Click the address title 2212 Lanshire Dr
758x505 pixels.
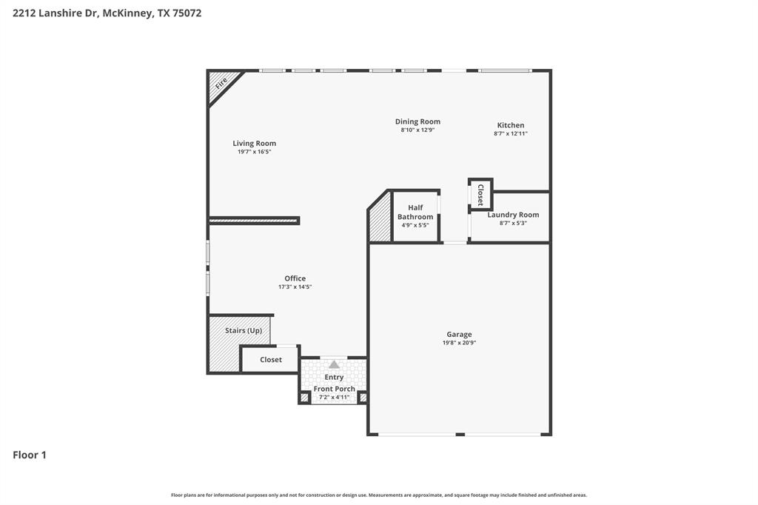click(107, 13)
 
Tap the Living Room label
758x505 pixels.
click(254, 143)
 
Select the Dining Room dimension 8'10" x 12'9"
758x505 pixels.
click(417, 130)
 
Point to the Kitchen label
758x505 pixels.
click(510, 125)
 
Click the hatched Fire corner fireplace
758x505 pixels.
click(221, 83)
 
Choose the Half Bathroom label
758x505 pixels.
click(415, 213)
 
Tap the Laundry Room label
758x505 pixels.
click(513, 215)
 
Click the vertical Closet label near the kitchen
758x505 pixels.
click(480, 194)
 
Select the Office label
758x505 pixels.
click(295, 278)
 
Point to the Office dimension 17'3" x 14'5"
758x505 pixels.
click(295, 287)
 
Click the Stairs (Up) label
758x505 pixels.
click(244, 330)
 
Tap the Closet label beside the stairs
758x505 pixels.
click(271, 360)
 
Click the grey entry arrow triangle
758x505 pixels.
click(334, 364)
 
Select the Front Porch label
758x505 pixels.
click(334, 389)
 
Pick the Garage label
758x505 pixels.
click(459, 334)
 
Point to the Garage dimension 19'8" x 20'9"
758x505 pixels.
click(459, 343)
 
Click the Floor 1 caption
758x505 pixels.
click(30, 455)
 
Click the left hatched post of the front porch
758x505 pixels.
click(304, 398)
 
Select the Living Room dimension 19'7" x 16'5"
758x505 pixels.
click(254, 152)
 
